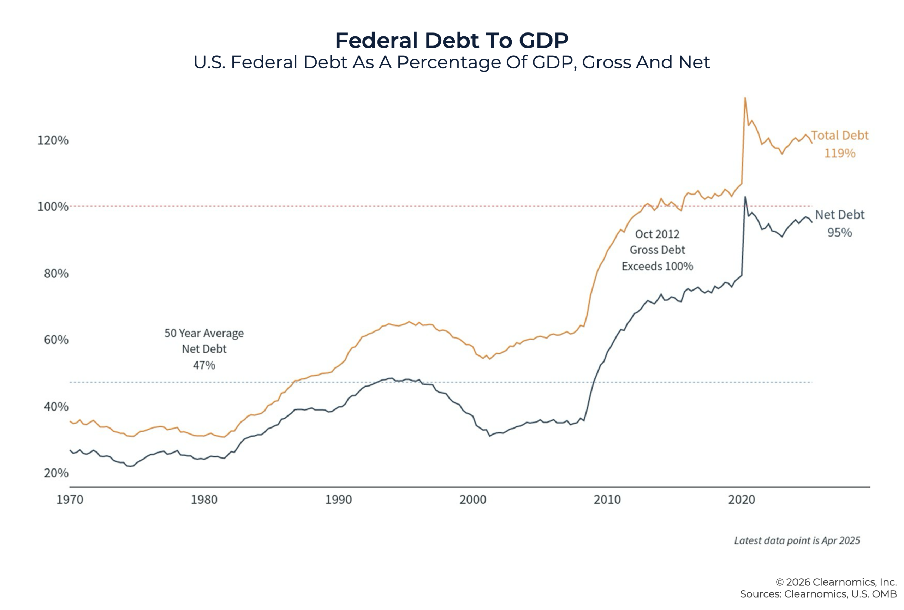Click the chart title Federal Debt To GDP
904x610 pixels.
(452, 41)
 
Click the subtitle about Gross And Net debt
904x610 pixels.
(452, 62)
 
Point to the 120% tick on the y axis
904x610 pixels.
(53, 140)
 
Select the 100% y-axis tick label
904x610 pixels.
(53, 207)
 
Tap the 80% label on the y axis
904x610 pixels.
(56, 273)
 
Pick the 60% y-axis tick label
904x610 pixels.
(56, 340)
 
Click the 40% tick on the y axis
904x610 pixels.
(56, 407)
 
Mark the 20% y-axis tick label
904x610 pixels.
(56, 473)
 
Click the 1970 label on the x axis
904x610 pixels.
(70, 500)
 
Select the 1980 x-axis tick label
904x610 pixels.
(204, 500)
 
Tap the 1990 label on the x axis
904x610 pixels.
(338, 500)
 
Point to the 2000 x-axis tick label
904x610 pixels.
(472, 500)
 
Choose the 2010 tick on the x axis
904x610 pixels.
(607, 500)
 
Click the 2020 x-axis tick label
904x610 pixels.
(742, 500)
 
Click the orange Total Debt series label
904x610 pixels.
(839, 135)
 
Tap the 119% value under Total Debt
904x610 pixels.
(840, 153)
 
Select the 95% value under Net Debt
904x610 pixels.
(839, 233)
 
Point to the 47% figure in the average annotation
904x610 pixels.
(204, 365)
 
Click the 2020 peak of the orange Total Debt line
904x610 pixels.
(745, 98)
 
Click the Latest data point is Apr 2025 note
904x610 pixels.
(797, 540)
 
